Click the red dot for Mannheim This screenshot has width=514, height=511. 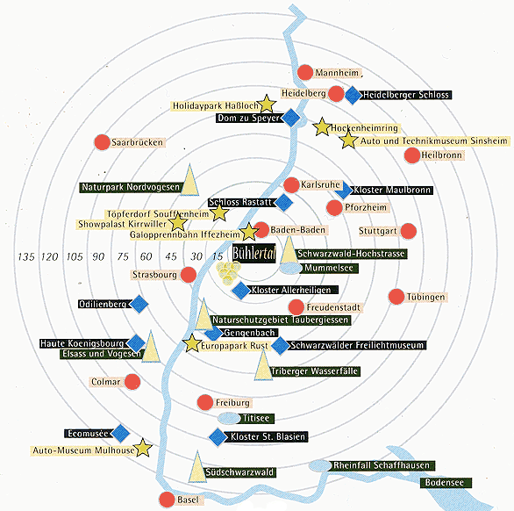pyautogui.click(x=305, y=73)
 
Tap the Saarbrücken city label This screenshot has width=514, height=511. pyautogui.click(x=138, y=142)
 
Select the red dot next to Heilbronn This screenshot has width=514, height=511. pyautogui.click(x=412, y=155)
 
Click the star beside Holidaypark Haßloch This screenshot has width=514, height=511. pyautogui.click(x=267, y=104)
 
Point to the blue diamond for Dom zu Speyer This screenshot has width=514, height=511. pyautogui.click(x=290, y=118)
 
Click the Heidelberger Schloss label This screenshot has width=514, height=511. pyautogui.click(x=406, y=95)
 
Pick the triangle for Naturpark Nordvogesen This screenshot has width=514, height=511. pyautogui.click(x=189, y=180)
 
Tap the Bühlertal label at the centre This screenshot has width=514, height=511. pyautogui.click(x=254, y=253)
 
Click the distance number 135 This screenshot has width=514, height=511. pyautogui.click(x=26, y=256)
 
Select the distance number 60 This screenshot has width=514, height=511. pyautogui.click(x=146, y=256)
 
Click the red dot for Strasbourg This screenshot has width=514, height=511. pyautogui.click(x=189, y=275)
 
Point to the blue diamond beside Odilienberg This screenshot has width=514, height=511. pyautogui.click(x=139, y=304)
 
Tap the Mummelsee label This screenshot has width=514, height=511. pyautogui.click(x=329, y=268)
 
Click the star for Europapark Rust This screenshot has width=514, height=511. pyautogui.click(x=192, y=343)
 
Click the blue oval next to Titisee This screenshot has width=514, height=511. pyautogui.click(x=229, y=418)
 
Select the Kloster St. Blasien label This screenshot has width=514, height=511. pyautogui.click(x=268, y=437)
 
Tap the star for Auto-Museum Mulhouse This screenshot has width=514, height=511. pyautogui.click(x=143, y=447)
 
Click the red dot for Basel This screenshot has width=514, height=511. pyautogui.click(x=167, y=500)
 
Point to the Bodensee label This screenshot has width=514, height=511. pyautogui.click(x=445, y=483)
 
